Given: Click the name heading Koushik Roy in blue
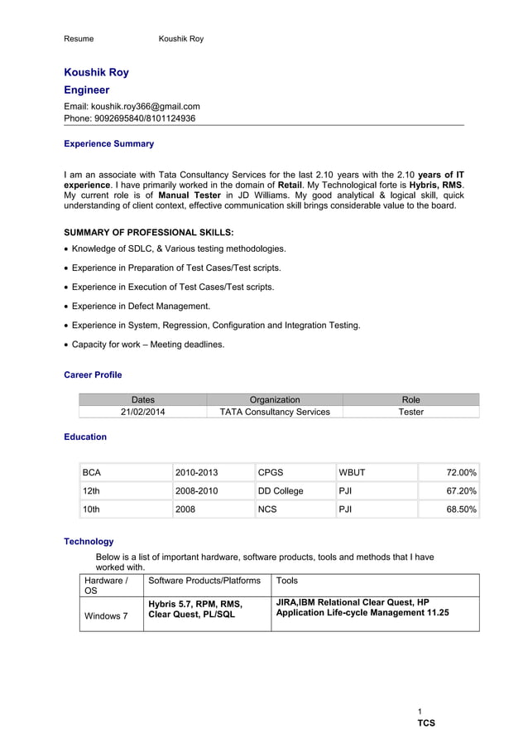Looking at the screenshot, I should click(x=96, y=72).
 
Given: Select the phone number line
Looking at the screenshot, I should click(x=129, y=118).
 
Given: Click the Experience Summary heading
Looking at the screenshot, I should click(x=108, y=143).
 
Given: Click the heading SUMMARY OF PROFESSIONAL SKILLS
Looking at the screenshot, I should click(x=148, y=232).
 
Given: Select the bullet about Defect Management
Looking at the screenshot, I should click(x=141, y=306).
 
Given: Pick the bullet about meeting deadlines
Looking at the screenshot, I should click(x=147, y=345).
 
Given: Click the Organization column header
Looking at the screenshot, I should click(x=275, y=399).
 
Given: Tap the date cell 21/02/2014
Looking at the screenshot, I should click(x=142, y=412).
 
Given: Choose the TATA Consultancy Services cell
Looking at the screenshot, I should click(x=275, y=412).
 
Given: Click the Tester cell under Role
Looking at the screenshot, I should click(x=410, y=412).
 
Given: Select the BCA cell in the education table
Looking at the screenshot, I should click(x=92, y=472).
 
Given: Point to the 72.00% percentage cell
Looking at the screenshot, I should click(x=460, y=472).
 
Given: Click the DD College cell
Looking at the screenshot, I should click(x=281, y=491).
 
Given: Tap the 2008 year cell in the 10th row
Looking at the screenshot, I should click(x=185, y=510).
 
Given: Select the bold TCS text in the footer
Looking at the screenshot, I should click(x=425, y=723).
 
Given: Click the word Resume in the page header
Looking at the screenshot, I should click(x=79, y=39).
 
